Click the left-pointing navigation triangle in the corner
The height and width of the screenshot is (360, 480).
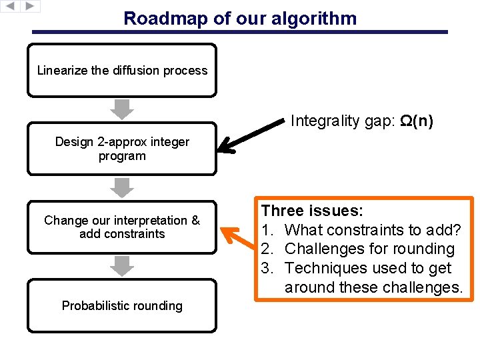(11, 6)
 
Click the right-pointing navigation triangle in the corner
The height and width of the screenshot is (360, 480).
(30, 6)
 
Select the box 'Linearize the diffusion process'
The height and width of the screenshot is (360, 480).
(122, 71)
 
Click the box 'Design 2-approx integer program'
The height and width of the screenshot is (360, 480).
(122, 149)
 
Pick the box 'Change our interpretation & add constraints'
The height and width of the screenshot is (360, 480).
(122, 227)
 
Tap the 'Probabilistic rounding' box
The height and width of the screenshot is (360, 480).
(122, 306)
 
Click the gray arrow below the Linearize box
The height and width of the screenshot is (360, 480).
(122, 109)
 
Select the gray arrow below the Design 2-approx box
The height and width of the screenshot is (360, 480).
(122, 187)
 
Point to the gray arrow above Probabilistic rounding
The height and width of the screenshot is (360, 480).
(122, 266)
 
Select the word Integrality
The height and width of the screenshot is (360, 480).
(325, 121)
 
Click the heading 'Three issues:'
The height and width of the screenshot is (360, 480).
(312, 211)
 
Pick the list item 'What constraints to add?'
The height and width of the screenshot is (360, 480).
(372, 230)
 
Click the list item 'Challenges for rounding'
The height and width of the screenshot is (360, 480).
(369, 249)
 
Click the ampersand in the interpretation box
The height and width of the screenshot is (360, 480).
(195, 221)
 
